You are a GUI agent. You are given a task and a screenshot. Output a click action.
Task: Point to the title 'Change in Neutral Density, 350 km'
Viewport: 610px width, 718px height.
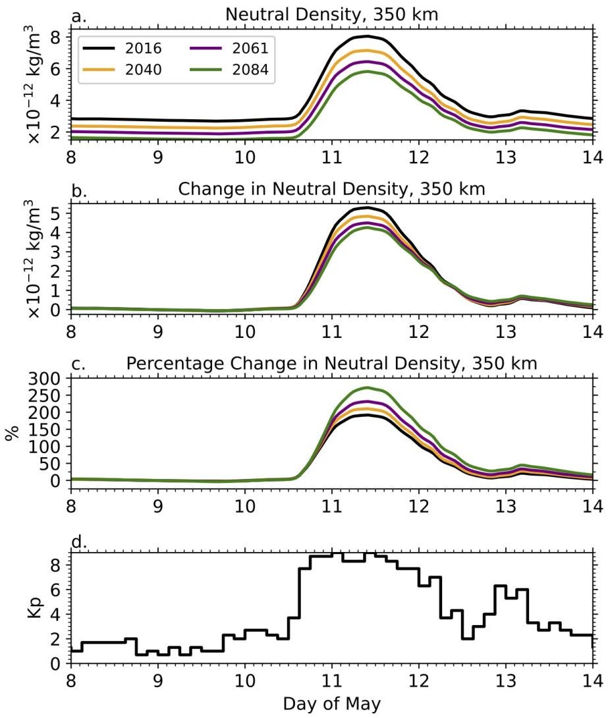(x=331, y=189)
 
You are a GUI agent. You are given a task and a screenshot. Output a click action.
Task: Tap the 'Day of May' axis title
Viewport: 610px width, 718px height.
(x=331, y=704)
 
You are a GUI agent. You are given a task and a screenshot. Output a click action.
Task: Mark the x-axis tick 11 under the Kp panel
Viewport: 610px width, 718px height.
(x=331, y=679)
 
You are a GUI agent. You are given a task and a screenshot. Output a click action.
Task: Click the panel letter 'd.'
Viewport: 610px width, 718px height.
(x=79, y=543)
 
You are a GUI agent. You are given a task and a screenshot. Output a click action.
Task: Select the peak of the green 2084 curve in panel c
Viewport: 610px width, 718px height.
(x=367, y=387)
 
